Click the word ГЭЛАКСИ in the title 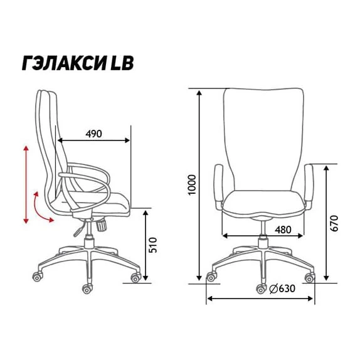tap(65, 63)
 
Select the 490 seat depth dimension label tap(93, 134)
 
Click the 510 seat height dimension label tap(152, 245)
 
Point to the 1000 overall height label tap(192, 185)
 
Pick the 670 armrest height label tap(334, 223)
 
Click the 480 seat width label tap(283, 230)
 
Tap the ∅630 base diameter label tap(282, 289)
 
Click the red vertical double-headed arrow tap(26, 184)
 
